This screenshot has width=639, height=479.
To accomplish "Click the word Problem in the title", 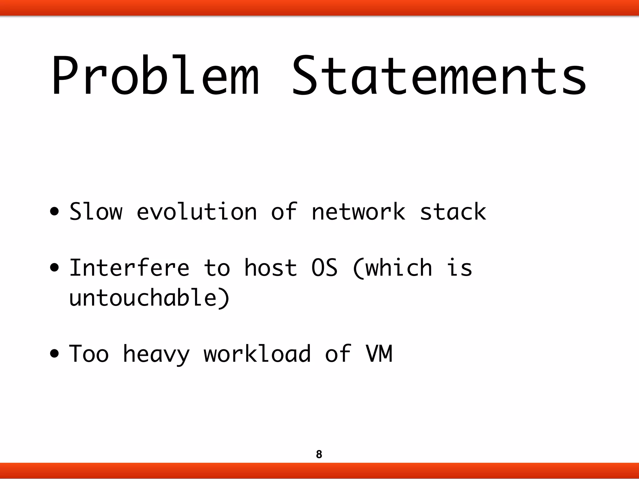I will click(155, 76).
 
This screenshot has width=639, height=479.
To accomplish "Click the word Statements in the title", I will click(439, 76).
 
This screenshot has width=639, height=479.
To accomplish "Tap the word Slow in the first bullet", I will click(96, 212).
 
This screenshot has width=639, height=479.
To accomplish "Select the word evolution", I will click(197, 212).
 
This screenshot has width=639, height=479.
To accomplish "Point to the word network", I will click(359, 212).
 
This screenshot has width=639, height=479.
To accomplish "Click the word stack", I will click(453, 212).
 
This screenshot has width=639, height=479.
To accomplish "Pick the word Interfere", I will click(129, 268).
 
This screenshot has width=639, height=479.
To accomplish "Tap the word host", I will click(271, 268).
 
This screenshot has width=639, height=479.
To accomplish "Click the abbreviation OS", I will click(324, 268).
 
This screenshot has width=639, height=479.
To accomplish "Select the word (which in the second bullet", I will click(392, 268).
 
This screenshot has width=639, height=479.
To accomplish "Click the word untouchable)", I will click(149, 298).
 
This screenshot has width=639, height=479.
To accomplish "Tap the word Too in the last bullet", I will click(89, 354).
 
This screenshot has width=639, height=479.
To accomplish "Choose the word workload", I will click(257, 354).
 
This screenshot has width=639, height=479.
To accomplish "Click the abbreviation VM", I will click(379, 354).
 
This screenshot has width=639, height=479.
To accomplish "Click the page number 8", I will click(319, 454).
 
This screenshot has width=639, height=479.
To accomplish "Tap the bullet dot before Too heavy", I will click(55, 354).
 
